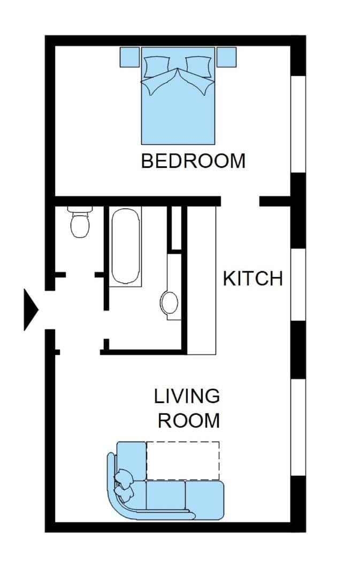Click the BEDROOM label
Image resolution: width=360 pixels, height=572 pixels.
193,161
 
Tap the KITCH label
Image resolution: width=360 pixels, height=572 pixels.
252,279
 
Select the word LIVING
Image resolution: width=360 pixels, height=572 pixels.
187,396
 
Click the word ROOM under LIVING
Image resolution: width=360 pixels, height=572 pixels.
189,420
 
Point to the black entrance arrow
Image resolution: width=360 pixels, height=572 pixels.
30,310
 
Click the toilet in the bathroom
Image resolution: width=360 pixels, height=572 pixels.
80,222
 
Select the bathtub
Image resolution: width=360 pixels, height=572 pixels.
125,246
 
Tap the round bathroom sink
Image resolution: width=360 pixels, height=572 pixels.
170,303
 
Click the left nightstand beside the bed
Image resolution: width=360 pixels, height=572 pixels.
129,57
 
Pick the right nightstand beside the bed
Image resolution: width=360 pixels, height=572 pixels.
226,57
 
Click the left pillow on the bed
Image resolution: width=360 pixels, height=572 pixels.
157,67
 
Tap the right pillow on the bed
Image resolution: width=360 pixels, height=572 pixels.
198,67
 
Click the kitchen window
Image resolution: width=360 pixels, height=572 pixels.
298,285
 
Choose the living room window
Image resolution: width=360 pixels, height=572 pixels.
298,427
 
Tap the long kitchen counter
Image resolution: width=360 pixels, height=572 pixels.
202,280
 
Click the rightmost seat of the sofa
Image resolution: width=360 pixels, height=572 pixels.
204,500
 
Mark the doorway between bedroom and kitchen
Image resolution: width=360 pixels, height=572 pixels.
240,201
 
